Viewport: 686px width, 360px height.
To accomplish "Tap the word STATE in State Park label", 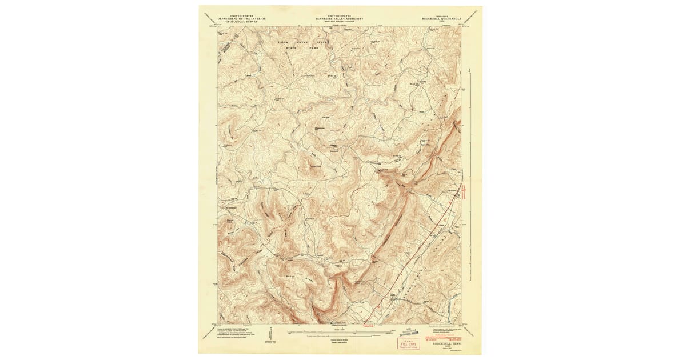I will coord(292,48).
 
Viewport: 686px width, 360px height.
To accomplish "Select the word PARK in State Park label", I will coord(313,48).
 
